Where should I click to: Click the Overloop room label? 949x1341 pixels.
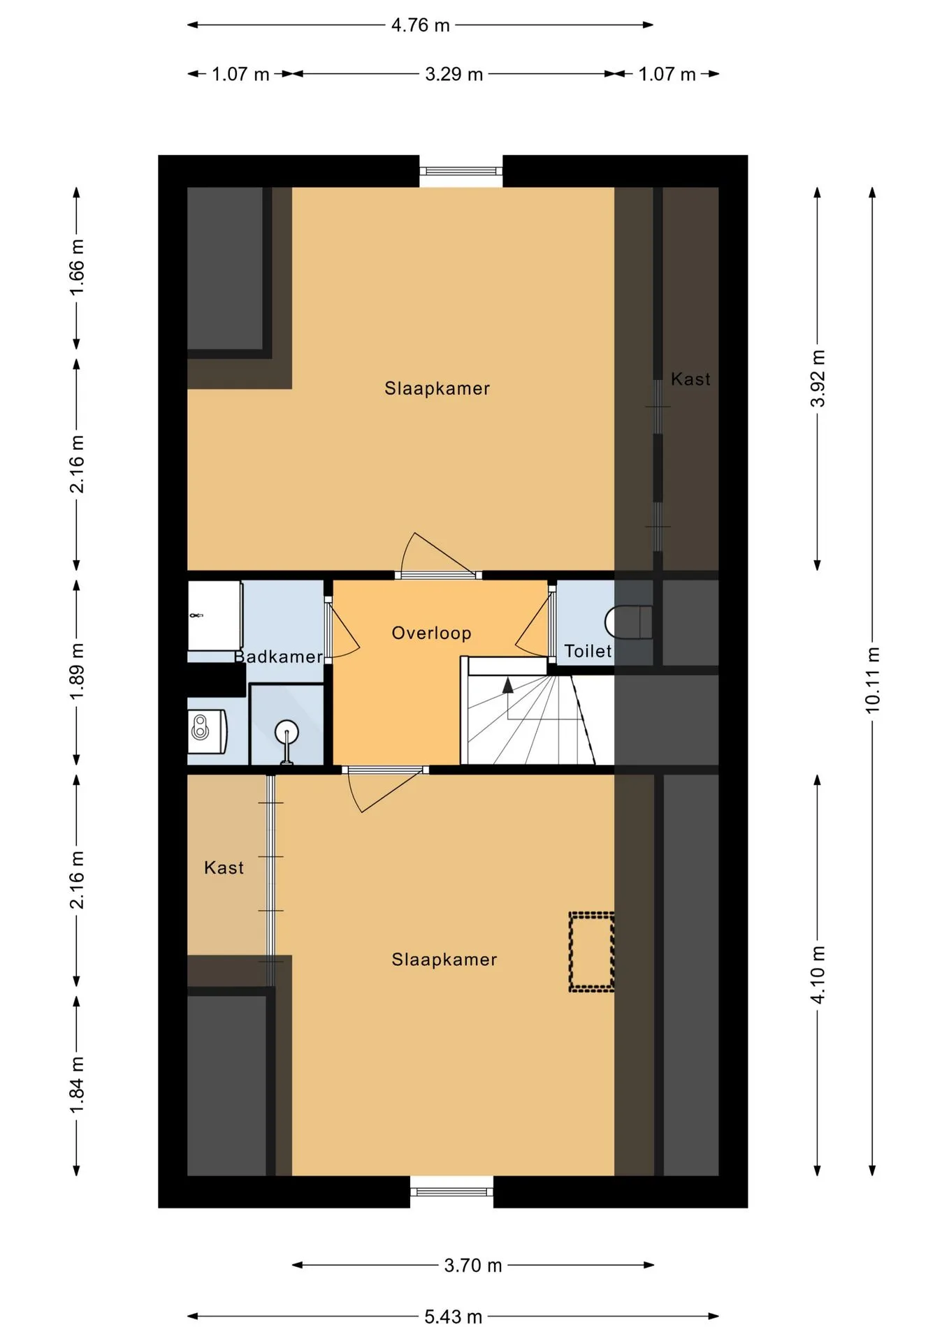coord(431,633)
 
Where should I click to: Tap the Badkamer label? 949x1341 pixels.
coord(278,657)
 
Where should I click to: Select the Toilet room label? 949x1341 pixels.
coord(588,651)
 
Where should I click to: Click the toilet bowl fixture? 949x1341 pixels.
coord(629,622)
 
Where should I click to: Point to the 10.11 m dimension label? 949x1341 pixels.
coord(873,680)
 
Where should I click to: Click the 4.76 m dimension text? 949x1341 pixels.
coord(420,25)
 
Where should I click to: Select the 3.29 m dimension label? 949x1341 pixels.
coord(454,74)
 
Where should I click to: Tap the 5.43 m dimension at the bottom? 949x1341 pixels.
coord(453,1317)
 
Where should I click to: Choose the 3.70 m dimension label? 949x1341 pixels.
coord(473,1265)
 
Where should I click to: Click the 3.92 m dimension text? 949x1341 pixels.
coord(818,378)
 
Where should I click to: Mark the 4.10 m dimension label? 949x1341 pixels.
coord(818,975)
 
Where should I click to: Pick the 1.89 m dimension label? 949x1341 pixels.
coord(77,671)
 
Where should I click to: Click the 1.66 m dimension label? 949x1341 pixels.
coord(77,267)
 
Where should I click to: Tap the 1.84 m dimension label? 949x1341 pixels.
coord(77,1085)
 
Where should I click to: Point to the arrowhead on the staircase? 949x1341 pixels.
coord(508,685)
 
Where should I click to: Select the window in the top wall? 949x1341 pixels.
coord(461,171)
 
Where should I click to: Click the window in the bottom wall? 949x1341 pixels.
coord(451,1192)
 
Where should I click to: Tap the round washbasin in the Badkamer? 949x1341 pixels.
coord(287,733)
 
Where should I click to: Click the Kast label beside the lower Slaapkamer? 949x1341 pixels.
coord(224,867)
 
